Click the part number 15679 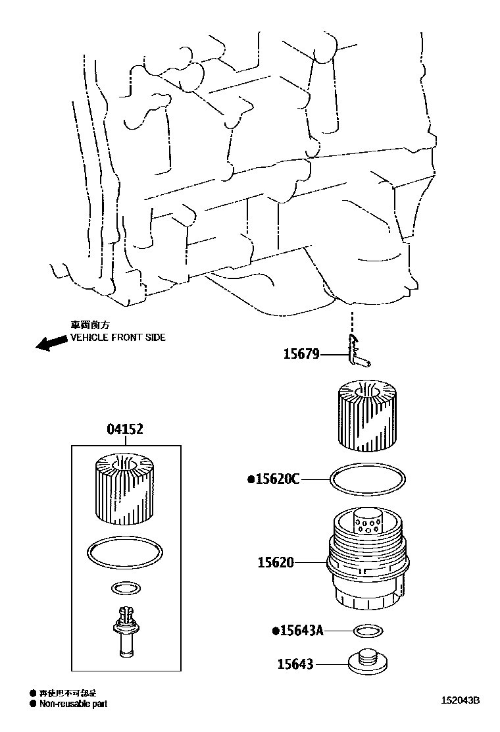click(x=301, y=354)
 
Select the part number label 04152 click(x=125, y=430)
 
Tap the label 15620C click(x=275, y=479)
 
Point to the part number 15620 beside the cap click(x=276, y=563)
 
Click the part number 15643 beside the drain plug click(x=294, y=665)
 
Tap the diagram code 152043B click(x=461, y=700)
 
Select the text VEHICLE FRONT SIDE click(x=118, y=337)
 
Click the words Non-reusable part click(x=72, y=704)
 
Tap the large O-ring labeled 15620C click(x=366, y=479)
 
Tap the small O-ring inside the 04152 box click(x=124, y=587)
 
